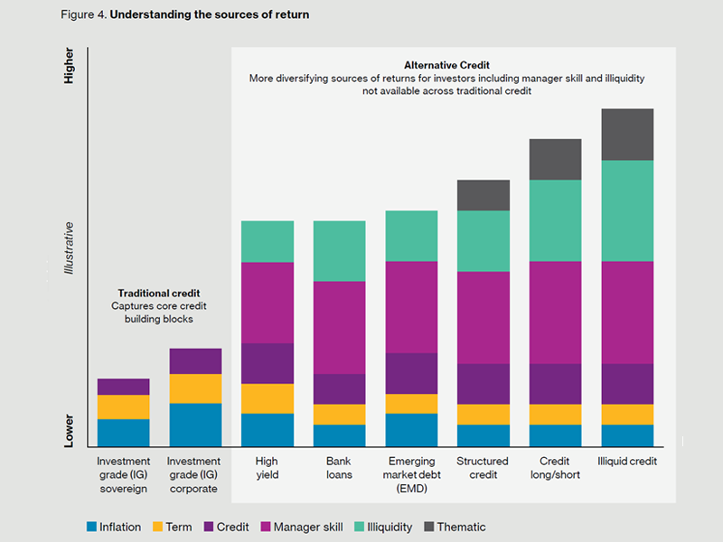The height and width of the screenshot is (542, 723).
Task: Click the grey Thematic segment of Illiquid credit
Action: point(627,135)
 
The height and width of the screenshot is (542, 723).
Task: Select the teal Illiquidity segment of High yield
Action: point(268,241)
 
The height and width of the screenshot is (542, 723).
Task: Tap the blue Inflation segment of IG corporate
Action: point(195,425)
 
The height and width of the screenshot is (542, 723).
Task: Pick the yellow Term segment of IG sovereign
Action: point(124,406)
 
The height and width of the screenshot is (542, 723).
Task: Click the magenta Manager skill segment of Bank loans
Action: point(339,327)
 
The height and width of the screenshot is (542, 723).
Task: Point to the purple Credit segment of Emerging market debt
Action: point(411,373)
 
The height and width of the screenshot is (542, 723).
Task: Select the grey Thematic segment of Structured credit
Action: point(484,195)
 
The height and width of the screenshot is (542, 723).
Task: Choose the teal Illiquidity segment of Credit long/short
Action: point(555,220)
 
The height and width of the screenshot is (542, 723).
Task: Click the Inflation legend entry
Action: point(113,527)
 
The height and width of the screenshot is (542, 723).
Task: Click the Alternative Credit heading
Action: point(446,66)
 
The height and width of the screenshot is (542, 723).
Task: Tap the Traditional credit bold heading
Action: point(159,294)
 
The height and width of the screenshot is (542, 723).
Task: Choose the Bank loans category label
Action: point(339,467)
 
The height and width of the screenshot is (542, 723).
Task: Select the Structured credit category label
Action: point(483,467)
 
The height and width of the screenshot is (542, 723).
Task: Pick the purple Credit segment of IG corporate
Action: point(195,361)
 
